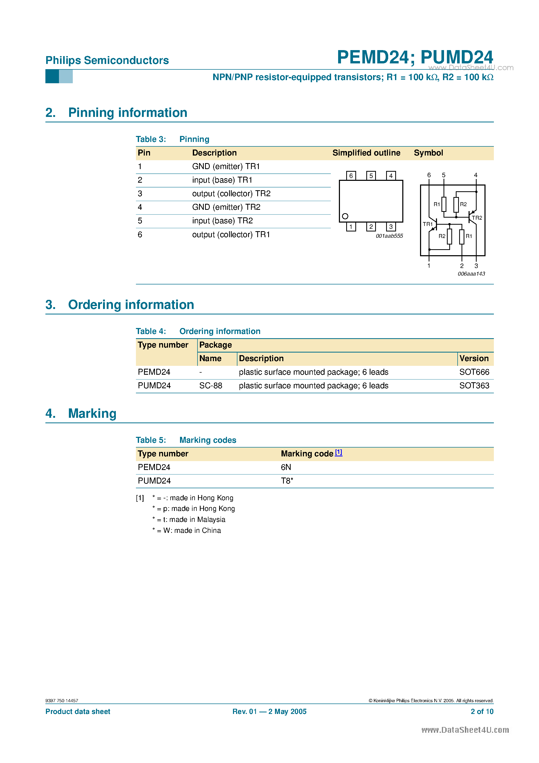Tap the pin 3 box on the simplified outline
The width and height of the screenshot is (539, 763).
[391, 227]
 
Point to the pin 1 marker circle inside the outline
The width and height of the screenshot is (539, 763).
[345, 216]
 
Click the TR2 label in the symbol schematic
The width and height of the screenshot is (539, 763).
[477, 218]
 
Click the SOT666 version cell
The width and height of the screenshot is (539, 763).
[474, 372]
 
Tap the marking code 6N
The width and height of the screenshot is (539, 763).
[286, 467]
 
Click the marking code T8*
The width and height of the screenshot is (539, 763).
[287, 481]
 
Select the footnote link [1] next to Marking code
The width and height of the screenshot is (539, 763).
[338, 452]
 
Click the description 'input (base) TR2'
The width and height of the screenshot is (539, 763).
[222, 221]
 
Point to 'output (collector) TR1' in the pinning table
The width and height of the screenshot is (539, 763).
[231, 235]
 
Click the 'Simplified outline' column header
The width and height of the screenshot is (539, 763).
[366, 153]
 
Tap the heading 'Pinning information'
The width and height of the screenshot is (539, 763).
[128, 113]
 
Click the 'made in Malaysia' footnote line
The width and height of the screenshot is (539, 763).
[189, 520]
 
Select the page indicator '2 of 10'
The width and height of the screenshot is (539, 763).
[482, 712]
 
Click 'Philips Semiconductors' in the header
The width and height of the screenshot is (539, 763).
[107, 61]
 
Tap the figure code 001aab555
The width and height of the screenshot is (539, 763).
[389, 236]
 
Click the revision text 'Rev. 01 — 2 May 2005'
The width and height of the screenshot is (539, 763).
[269, 712]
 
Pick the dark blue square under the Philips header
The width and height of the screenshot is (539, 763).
[52, 76]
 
